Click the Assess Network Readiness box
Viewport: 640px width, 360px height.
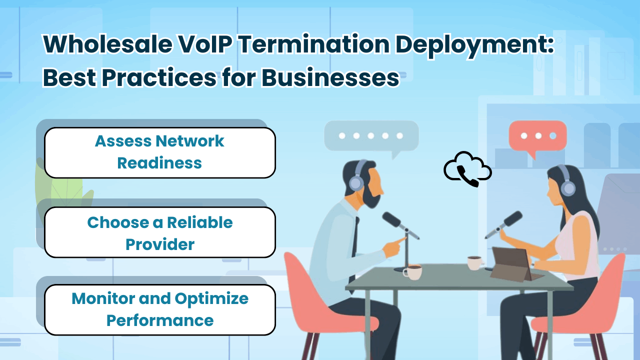[160, 152]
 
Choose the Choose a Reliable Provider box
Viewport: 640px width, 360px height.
[160, 233]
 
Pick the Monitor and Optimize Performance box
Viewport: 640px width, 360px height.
[160, 309]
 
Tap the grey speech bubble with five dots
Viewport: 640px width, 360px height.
[370, 135]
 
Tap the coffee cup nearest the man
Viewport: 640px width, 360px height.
[413, 272]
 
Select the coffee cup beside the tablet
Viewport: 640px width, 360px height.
[474, 262]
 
